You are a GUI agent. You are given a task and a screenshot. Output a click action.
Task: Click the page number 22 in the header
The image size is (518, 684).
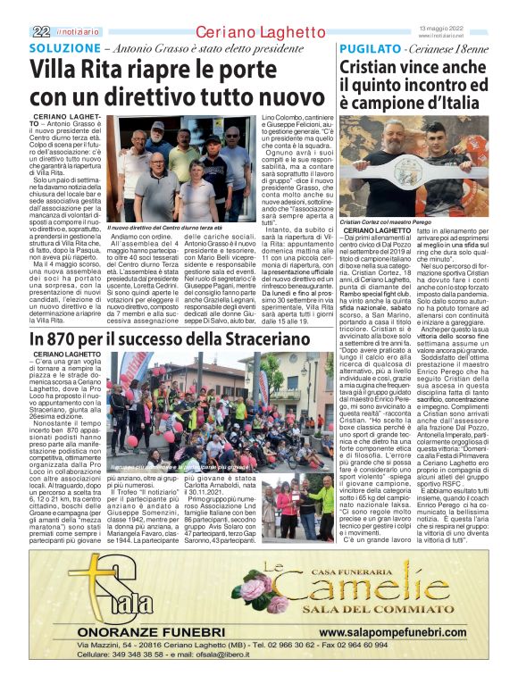39,31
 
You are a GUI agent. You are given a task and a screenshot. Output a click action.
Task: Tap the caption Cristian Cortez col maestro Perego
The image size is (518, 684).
386,221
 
